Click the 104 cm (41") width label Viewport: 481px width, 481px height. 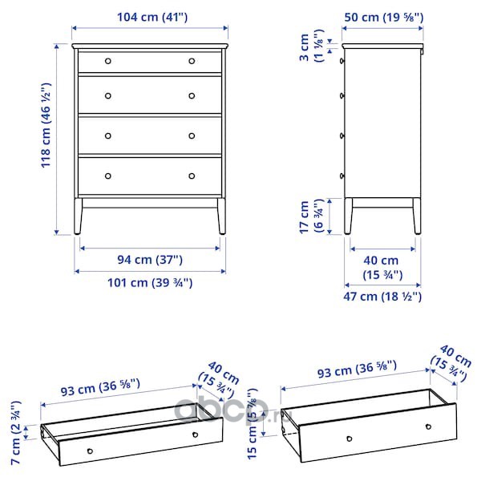(x=152, y=17)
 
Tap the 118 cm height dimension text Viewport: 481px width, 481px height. (x=46, y=125)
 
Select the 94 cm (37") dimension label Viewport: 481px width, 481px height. (x=150, y=260)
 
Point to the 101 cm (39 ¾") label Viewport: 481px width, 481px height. (x=150, y=282)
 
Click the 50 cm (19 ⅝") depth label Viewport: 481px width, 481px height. (x=384, y=17)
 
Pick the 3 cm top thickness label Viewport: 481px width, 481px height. (x=311, y=46)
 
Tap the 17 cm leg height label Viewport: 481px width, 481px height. (x=311, y=216)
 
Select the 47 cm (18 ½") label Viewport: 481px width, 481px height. (x=382, y=297)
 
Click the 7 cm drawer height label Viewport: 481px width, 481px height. (x=16, y=433)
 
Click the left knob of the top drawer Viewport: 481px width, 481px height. (x=108, y=61)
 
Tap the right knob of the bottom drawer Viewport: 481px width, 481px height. (x=192, y=176)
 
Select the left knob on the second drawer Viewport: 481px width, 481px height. (x=108, y=96)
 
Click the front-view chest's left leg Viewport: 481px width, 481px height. (x=78, y=216)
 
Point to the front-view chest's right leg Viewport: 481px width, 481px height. (x=221, y=216)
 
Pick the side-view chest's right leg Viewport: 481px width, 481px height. (x=417, y=216)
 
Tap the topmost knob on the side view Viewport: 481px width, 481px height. (x=342, y=61)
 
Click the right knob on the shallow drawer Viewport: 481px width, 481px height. (x=195, y=435)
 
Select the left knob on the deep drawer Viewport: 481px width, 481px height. (x=349, y=439)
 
